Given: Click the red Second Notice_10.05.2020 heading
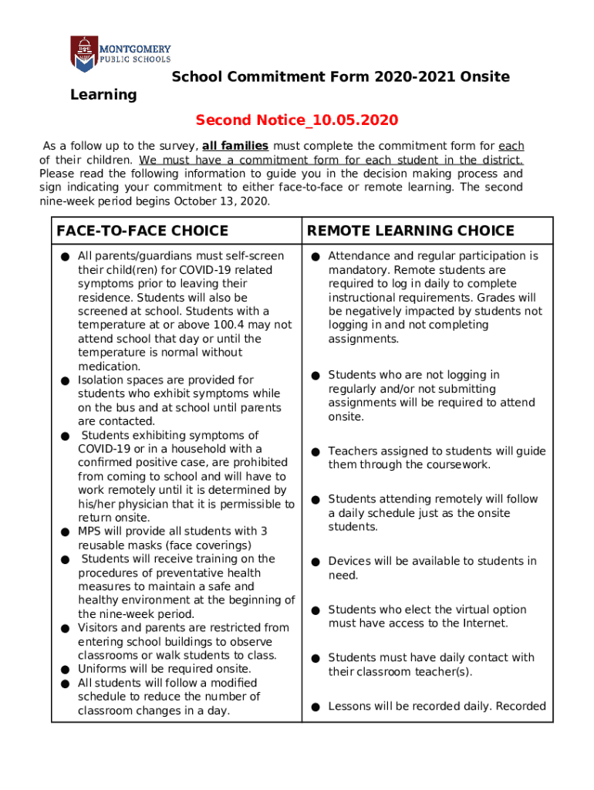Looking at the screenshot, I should pyautogui.click(x=296, y=120).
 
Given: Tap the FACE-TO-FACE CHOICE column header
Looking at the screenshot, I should pyautogui.click(x=142, y=231).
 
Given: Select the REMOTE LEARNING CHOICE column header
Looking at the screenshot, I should pyautogui.click(x=410, y=231).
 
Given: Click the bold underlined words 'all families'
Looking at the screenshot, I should pyautogui.click(x=235, y=146).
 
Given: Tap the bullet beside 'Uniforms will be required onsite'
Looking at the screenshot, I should pyautogui.click(x=66, y=670).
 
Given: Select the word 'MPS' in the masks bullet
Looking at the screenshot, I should pyautogui.click(x=89, y=532).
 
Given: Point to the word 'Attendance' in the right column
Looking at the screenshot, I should pyautogui.click(x=358, y=256).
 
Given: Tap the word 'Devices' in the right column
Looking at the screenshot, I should pyautogui.click(x=349, y=562).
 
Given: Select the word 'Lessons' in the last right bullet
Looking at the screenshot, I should pyautogui.click(x=350, y=706).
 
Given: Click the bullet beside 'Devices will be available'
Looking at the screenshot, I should pyautogui.click(x=316, y=562).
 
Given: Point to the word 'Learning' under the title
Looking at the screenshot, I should pyautogui.click(x=103, y=95).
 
